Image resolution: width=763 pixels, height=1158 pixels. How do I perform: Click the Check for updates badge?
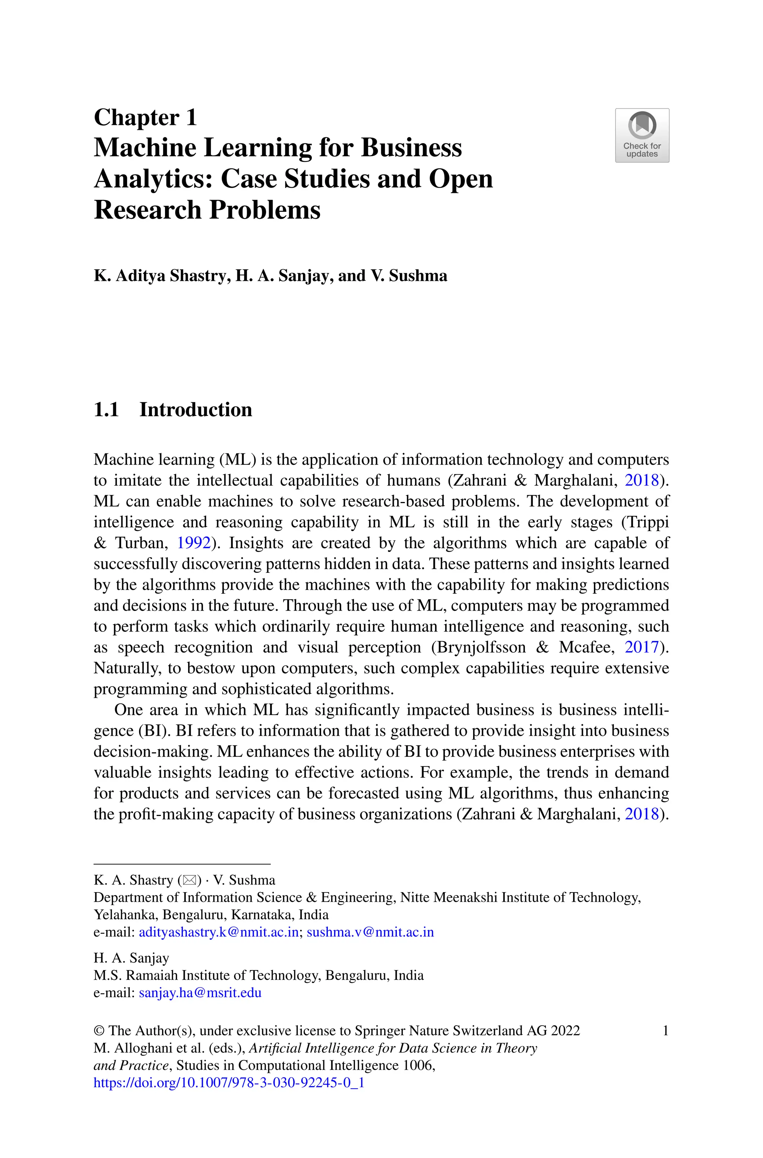point(642,135)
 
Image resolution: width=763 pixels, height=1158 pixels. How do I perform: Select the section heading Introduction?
point(196,409)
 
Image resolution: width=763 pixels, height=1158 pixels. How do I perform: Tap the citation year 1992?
point(193,543)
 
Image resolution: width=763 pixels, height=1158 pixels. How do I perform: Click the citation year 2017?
point(641,647)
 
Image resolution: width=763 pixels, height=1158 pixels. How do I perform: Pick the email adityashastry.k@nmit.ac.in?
point(218,932)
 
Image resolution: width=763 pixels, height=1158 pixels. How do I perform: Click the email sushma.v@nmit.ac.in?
point(370,932)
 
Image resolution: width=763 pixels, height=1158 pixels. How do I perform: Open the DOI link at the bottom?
point(229,1083)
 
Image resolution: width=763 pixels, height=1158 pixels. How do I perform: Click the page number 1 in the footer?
point(665,1031)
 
